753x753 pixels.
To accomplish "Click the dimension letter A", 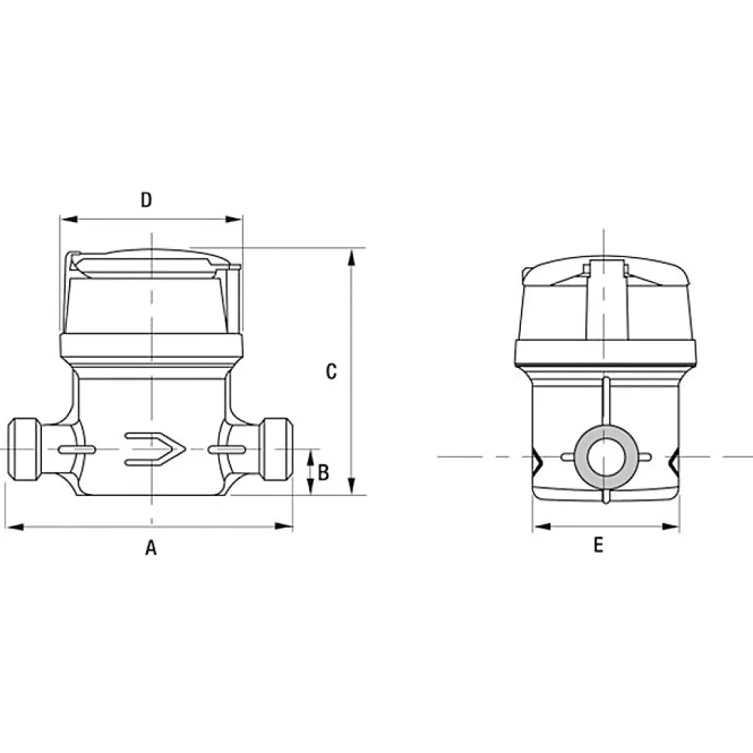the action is [x=151, y=547].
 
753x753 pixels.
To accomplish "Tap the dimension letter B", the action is [x=324, y=473].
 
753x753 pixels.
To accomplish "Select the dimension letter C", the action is [x=331, y=371].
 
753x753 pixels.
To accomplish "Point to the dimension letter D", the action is [x=147, y=200].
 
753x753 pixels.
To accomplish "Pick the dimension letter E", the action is [x=599, y=545].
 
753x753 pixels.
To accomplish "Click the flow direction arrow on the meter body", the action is [x=155, y=449].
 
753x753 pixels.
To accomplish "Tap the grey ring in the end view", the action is [x=606, y=457].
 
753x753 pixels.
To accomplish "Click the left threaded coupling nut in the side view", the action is [x=25, y=449].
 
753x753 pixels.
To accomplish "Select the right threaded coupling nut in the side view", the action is [x=276, y=449].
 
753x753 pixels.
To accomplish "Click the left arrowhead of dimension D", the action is [x=68, y=220].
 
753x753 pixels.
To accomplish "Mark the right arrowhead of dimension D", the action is [x=234, y=220].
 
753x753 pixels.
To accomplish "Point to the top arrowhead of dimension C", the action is [x=352, y=257].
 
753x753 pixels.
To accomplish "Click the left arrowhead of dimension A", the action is [x=15, y=527].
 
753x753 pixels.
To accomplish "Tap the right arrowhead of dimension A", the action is [x=284, y=526].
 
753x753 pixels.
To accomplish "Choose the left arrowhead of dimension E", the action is [x=542, y=527].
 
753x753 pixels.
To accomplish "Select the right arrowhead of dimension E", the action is [x=671, y=527].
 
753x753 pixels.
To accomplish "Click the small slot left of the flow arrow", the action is [x=77, y=449].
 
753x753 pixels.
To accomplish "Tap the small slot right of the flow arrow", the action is [x=227, y=449].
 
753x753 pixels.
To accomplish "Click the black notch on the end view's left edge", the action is [x=537, y=459].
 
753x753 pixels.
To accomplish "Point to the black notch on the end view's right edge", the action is [x=675, y=459].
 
